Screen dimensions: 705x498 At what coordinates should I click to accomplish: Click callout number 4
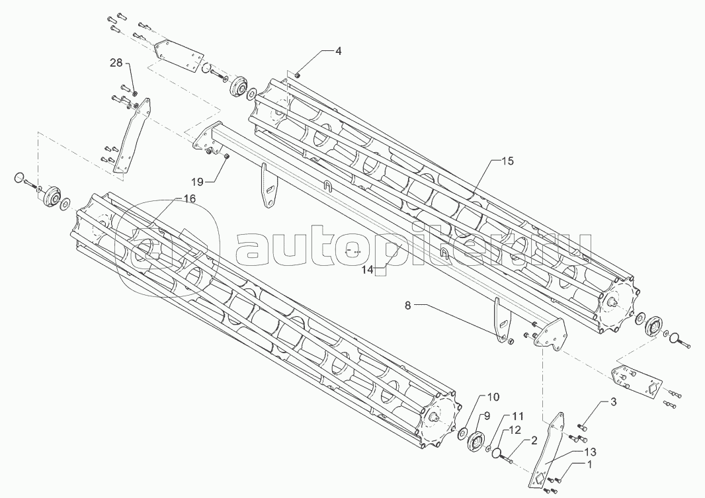click(x=338, y=51)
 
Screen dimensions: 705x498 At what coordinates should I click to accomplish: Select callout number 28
click(x=116, y=63)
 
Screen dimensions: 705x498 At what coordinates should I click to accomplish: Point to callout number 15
click(x=507, y=161)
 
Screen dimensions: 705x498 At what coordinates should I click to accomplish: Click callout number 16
click(x=189, y=198)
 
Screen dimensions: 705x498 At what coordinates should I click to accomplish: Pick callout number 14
click(x=368, y=269)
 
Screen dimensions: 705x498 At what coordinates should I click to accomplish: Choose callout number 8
click(x=408, y=306)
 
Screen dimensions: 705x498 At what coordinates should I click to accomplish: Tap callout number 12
click(x=515, y=431)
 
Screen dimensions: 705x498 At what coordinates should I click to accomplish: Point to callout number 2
click(x=530, y=441)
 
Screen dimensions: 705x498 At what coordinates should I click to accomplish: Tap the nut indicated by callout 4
click(x=297, y=75)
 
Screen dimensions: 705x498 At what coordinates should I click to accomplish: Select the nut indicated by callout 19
click(x=226, y=156)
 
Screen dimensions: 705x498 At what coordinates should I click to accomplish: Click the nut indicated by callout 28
click(x=135, y=93)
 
